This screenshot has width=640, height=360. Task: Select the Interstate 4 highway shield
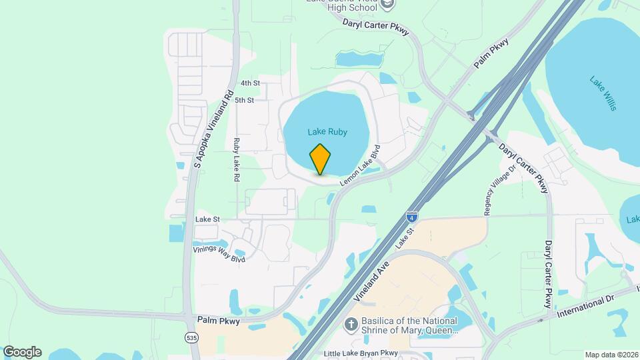pos(413,217)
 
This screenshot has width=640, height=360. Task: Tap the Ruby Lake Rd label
pos(236,160)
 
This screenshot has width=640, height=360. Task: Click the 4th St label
pos(250,83)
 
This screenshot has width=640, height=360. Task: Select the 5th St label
pos(245,101)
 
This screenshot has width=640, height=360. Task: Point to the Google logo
pos(22,352)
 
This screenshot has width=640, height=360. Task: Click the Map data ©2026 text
pos(611,355)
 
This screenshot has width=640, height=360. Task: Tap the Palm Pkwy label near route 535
pos(218,321)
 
